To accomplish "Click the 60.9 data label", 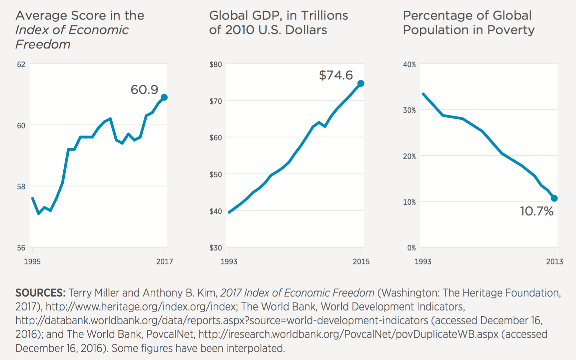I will coord(144,90).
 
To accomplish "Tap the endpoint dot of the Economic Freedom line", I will coord(164,97).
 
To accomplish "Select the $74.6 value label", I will coord(336,75).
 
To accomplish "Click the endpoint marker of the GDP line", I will coord(361,84).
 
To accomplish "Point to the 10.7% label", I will coord(536,211).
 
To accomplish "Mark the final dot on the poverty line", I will coord(554,198).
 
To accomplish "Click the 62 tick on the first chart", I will coord(21,65).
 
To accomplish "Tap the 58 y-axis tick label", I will coord(21,187).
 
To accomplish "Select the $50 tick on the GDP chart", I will coord(216,175).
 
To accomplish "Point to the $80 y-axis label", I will coord(216,65).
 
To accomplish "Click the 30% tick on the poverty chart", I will coord(409,110).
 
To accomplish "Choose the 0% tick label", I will coord(412,248).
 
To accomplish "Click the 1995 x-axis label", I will coord(32,262).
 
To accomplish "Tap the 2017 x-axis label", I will coord(164,262).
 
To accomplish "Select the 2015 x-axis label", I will coord(361,262).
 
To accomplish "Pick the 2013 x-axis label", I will coord(554,262).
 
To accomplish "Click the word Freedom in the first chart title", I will coord(43,44).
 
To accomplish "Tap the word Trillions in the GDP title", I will coord(324,15).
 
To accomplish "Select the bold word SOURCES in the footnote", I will coord(40,293).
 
